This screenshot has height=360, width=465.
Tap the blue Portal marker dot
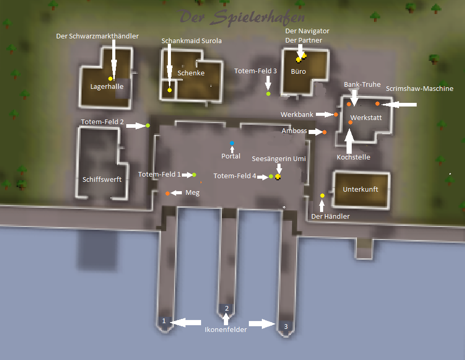pos(232,143)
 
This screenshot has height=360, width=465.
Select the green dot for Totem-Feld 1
pos(194,175)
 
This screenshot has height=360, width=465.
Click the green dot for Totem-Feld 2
pos(148,125)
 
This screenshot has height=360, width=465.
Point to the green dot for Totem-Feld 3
pos(268,94)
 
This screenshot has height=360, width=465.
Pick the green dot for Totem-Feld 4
pos(271,177)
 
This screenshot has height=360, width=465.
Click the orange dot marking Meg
pos(167,193)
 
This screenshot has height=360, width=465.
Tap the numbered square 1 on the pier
pos(164,321)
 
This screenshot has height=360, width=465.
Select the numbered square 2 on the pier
pos(227,309)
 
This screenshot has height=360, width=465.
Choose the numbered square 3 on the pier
pos(285,326)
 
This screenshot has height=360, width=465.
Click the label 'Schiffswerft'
pos(102,179)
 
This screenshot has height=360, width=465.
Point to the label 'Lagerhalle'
pos(107,87)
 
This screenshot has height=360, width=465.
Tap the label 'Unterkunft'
pos(361,190)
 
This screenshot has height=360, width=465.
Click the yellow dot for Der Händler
pos(322,195)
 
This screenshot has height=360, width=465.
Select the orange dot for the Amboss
pos(324,132)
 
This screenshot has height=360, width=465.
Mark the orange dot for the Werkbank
pos(336,114)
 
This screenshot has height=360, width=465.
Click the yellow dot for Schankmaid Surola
pos(169,90)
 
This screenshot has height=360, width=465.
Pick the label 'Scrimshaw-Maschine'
pos(420,89)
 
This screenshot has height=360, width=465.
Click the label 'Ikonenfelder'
pos(225,329)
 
